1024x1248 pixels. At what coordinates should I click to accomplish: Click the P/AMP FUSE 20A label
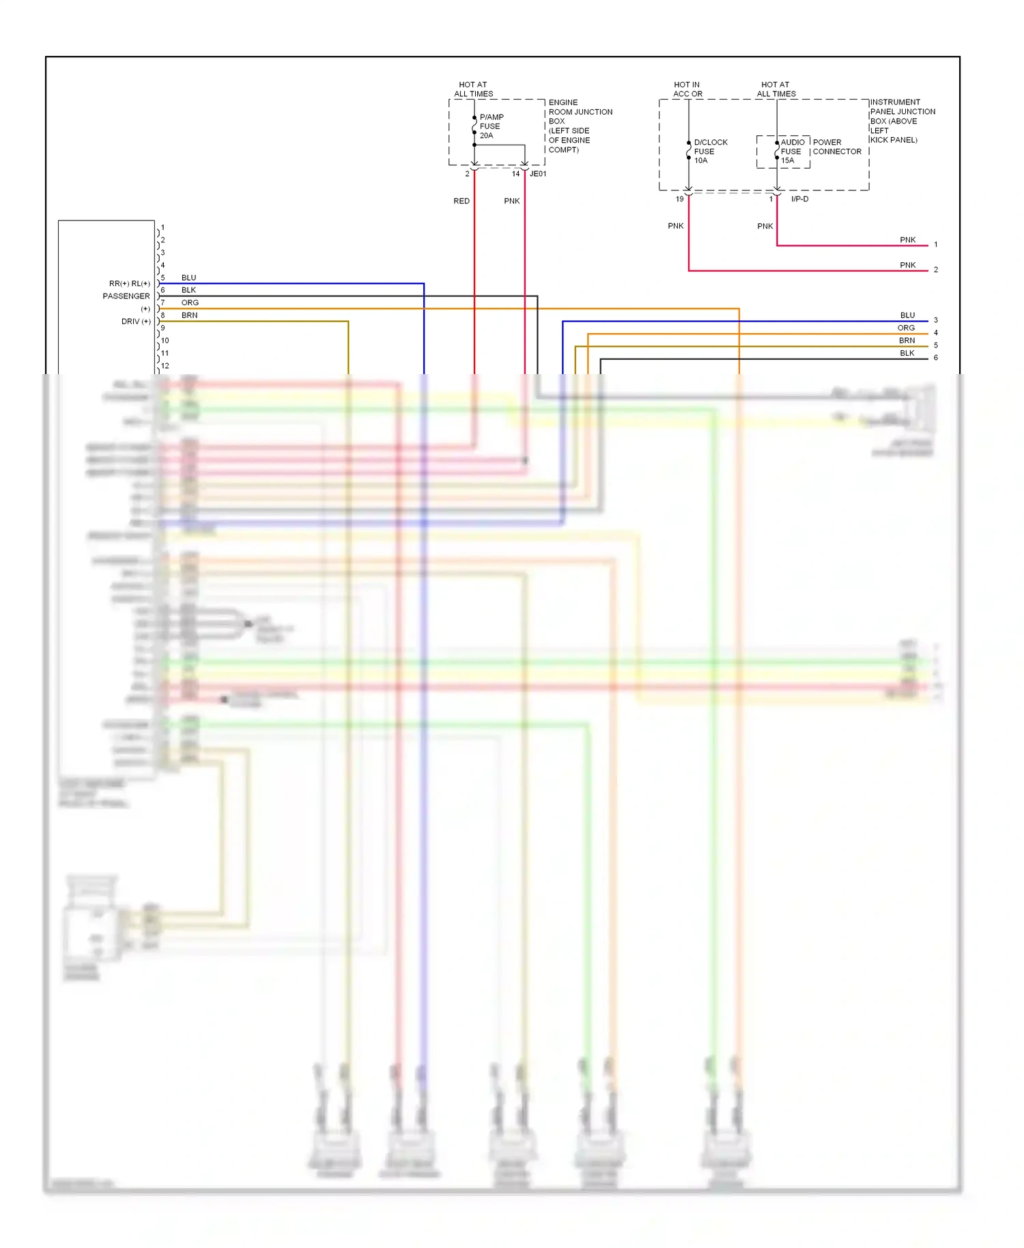pyautogui.click(x=492, y=126)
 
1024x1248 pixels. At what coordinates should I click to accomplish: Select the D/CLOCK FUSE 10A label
pyautogui.click(x=710, y=152)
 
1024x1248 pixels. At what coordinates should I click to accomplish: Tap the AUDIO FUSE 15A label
pyautogui.click(x=792, y=152)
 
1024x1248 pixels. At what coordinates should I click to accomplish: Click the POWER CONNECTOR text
pyautogui.click(x=837, y=147)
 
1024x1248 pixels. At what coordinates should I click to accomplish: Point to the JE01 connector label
pyautogui.click(x=538, y=174)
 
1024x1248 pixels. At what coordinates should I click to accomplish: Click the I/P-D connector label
pyautogui.click(x=799, y=199)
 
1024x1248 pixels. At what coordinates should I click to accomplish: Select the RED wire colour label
pyautogui.click(x=461, y=201)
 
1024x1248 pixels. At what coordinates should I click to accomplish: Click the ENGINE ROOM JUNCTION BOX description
pyautogui.click(x=580, y=126)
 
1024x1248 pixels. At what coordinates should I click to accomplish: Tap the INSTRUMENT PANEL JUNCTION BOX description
pyautogui.click(x=902, y=121)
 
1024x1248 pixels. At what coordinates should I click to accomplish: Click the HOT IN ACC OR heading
pyautogui.click(x=687, y=89)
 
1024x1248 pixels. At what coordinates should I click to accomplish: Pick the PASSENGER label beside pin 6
pyautogui.click(x=126, y=296)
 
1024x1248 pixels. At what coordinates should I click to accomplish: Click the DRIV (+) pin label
pyautogui.click(x=136, y=322)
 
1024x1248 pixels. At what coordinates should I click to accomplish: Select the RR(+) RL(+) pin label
pyautogui.click(x=129, y=283)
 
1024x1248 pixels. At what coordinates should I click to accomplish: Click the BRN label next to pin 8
pyautogui.click(x=190, y=315)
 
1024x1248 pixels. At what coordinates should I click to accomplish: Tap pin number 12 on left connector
pyautogui.click(x=165, y=366)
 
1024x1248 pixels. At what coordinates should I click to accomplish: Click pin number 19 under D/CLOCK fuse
pyautogui.click(x=679, y=199)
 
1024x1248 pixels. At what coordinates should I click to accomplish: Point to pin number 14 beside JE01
pyautogui.click(x=515, y=174)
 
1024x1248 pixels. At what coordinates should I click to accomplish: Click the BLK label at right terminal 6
pyautogui.click(x=907, y=353)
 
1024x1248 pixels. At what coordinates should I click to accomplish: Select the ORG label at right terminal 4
pyautogui.click(x=906, y=328)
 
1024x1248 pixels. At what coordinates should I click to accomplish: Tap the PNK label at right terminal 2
pyautogui.click(x=907, y=265)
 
